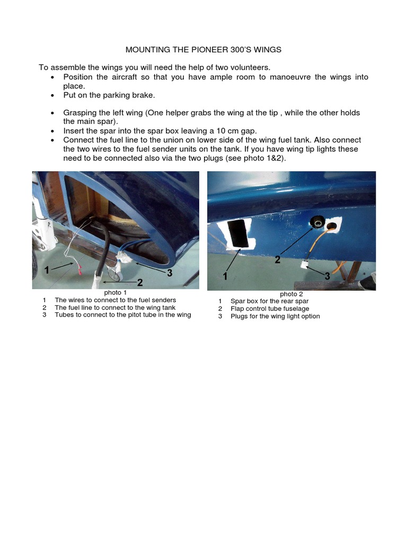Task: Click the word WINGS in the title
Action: pyautogui.click(x=267, y=50)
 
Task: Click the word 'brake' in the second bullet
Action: pyautogui.click(x=143, y=95)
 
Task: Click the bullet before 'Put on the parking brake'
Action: pyautogui.click(x=52, y=96)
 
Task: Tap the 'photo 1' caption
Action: pyautogui.click(x=115, y=293)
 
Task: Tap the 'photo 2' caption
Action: pyautogui.click(x=291, y=294)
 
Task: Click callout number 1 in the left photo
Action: pyautogui.click(x=47, y=270)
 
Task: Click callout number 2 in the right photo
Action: pyautogui.click(x=278, y=259)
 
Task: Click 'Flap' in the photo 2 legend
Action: pyautogui.click(x=238, y=309)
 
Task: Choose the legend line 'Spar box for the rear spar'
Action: pyautogui.click(x=269, y=301)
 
